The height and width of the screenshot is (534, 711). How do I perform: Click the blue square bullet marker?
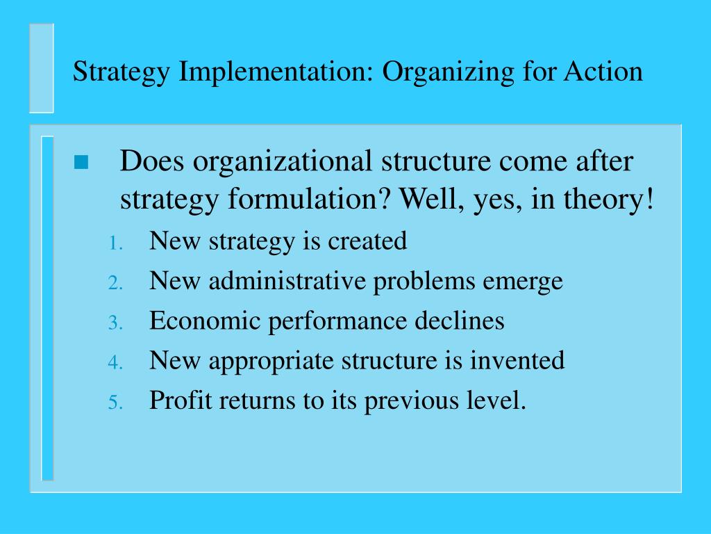(x=81, y=163)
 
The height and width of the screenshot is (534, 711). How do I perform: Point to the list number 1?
(x=115, y=243)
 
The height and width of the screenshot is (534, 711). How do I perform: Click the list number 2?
(x=115, y=283)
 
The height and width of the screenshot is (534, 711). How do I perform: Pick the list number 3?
(x=115, y=323)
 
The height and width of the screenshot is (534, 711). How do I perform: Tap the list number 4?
(x=115, y=362)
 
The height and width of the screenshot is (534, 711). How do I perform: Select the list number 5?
(x=115, y=402)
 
